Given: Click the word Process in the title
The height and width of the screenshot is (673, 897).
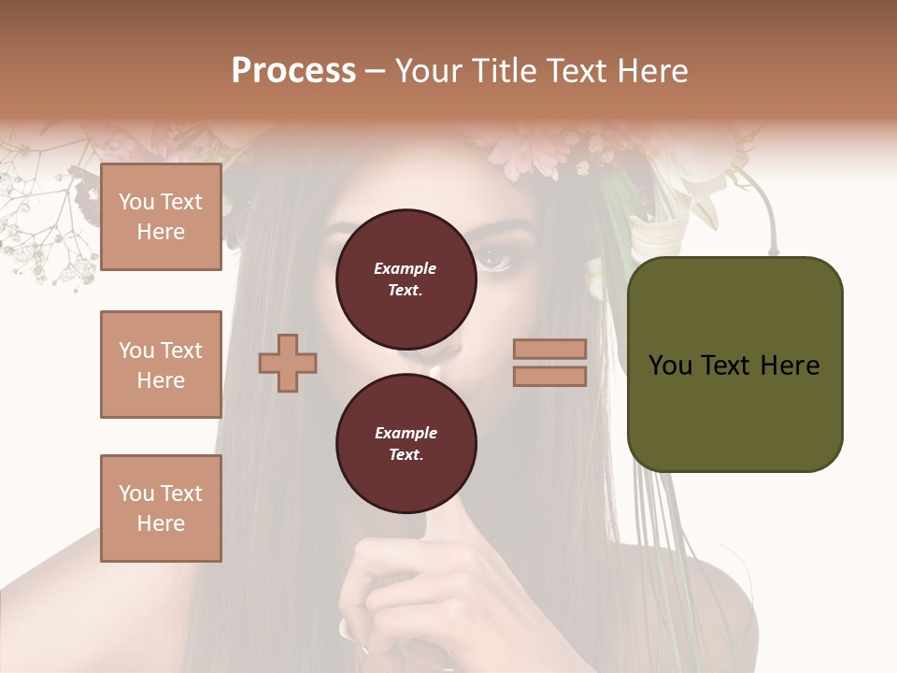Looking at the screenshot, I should click(x=293, y=71).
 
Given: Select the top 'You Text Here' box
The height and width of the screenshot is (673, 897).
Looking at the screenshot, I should click(x=161, y=217).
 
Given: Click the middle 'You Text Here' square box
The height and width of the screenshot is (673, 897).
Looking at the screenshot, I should click(x=161, y=365).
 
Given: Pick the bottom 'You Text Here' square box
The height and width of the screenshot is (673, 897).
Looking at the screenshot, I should click(x=161, y=508).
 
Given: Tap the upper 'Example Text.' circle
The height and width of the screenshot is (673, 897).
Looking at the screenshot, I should click(x=406, y=279).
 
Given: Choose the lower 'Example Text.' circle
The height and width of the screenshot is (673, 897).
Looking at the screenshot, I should click(x=406, y=443).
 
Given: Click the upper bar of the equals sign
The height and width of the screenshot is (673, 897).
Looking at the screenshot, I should click(x=549, y=349).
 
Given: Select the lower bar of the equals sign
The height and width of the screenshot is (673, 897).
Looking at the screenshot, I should click(x=549, y=376).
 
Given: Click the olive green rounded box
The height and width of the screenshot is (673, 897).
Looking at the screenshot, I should click(x=734, y=364).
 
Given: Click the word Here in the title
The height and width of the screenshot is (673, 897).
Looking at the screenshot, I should click(x=653, y=71).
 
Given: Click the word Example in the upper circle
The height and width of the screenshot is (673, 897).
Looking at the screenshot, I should click(x=406, y=268).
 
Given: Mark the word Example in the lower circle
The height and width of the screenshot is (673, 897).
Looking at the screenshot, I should click(x=406, y=433).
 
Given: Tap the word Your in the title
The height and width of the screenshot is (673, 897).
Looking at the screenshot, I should click(x=428, y=71).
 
